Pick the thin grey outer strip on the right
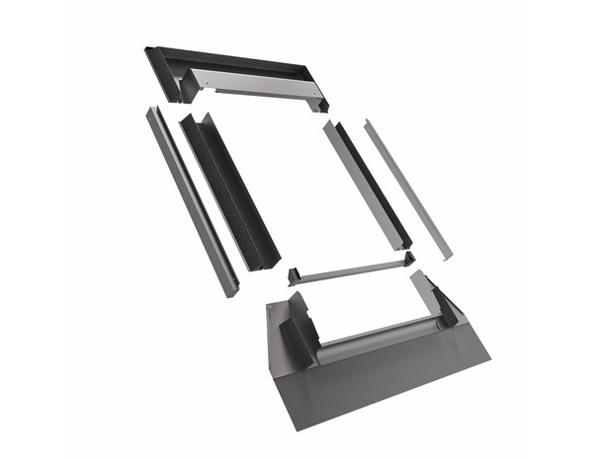(x=407, y=188)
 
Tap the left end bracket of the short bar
(x=295, y=276)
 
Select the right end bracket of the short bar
(x=404, y=259)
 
